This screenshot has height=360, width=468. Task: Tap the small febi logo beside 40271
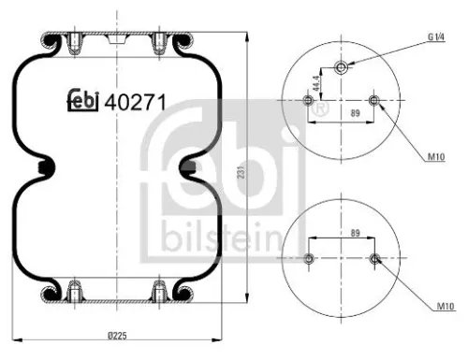[81, 101]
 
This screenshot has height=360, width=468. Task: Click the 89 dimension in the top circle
[343, 111]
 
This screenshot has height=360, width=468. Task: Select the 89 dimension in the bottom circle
[342, 234]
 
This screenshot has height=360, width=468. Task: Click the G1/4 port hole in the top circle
[341, 67]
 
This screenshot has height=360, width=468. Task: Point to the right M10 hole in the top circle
[373, 100]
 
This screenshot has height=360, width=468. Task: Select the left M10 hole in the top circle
[309, 100]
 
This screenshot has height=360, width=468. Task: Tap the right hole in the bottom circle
[373, 257]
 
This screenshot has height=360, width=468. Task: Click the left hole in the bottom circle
[309, 257]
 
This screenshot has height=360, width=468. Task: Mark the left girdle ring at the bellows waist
[44, 168]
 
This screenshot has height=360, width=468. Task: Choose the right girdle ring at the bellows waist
[188, 168]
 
